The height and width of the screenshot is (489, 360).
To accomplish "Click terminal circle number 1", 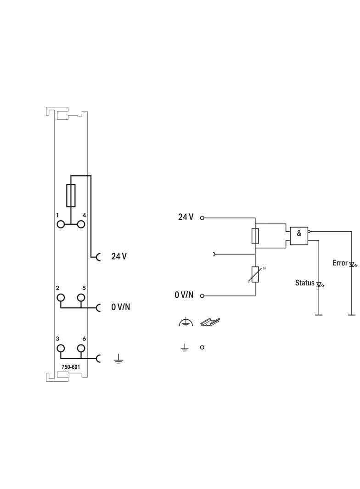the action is (61, 224).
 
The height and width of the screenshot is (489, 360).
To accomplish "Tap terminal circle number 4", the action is (81, 224).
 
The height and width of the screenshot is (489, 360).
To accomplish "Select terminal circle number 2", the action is (61, 298).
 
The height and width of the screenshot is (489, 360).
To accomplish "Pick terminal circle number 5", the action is (81, 298).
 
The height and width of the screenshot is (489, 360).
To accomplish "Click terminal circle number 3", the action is (61, 348).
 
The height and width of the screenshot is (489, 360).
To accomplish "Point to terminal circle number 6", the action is (81, 348).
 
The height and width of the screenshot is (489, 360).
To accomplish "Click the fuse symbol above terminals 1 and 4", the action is (71, 195).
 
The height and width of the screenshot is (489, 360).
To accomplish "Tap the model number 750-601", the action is (71, 367).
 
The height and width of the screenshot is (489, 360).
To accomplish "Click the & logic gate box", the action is (299, 236).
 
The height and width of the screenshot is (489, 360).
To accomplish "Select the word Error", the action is (340, 263).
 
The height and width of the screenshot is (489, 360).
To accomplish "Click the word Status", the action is (305, 283).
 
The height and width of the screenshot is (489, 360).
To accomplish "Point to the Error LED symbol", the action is (352, 265).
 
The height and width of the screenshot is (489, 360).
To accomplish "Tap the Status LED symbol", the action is (319, 284).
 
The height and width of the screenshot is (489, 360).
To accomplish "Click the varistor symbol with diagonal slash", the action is (255, 275).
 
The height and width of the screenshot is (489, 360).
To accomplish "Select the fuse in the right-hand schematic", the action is (255, 236).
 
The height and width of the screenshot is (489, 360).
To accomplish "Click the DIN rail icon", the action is (210, 322).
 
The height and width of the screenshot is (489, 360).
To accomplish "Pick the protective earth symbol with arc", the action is (186, 322).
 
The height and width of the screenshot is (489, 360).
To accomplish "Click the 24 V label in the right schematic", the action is (186, 217).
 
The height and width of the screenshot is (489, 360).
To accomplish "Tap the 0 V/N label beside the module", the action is (120, 307).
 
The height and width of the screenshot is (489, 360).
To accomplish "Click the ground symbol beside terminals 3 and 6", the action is (118, 360).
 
